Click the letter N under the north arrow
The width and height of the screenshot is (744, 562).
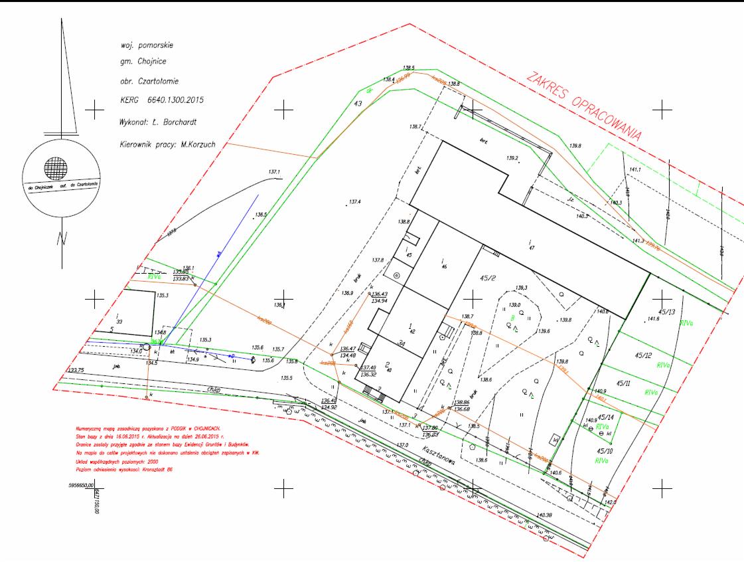click(60, 237)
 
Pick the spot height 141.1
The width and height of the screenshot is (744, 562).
click(635, 170)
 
